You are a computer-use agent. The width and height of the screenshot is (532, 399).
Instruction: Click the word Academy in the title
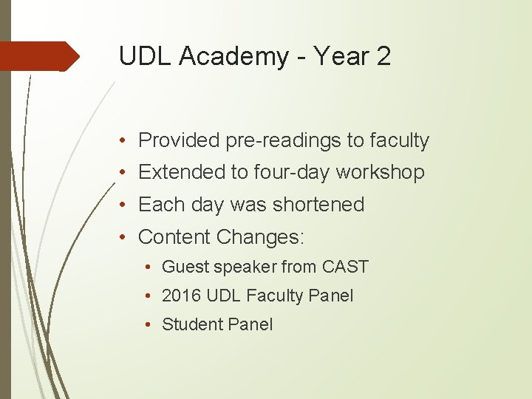click(x=227, y=57)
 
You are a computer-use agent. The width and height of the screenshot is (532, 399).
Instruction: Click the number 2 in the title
click(x=382, y=57)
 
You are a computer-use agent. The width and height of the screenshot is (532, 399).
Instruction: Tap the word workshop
click(x=380, y=172)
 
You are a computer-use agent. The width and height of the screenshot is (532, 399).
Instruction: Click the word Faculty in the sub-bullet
click(x=273, y=296)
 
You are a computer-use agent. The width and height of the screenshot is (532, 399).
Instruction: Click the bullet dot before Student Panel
click(x=149, y=324)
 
